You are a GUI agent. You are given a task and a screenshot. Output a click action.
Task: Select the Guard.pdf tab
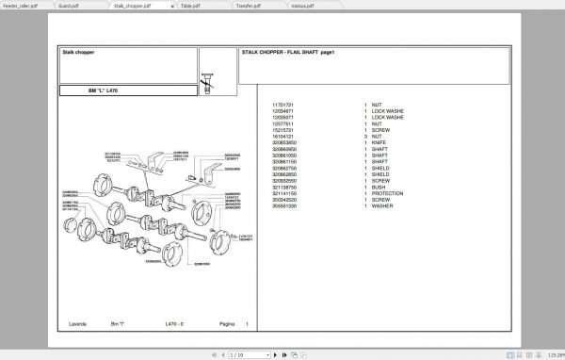click(69, 5)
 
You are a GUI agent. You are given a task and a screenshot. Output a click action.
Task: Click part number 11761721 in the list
click(283, 105)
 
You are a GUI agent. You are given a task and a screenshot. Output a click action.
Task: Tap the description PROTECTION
click(387, 192)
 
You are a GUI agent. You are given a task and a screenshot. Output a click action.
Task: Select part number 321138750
click(284, 187)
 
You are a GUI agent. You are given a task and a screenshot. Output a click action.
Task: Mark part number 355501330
click(284, 205)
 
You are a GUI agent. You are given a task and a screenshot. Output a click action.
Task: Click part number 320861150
click(284, 161)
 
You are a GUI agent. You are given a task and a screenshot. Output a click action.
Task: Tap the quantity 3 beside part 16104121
click(364, 136)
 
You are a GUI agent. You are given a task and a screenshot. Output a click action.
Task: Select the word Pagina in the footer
click(226, 324)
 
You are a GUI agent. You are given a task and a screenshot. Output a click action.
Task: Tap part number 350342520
click(284, 199)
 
